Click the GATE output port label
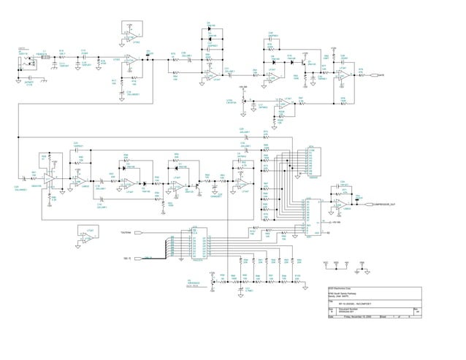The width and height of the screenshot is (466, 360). tap(381, 74)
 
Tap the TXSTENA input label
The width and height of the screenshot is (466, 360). tap(126, 232)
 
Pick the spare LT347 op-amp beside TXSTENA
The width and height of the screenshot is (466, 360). tap(88, 239)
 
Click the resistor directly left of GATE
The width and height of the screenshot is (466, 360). tap(360, 74)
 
